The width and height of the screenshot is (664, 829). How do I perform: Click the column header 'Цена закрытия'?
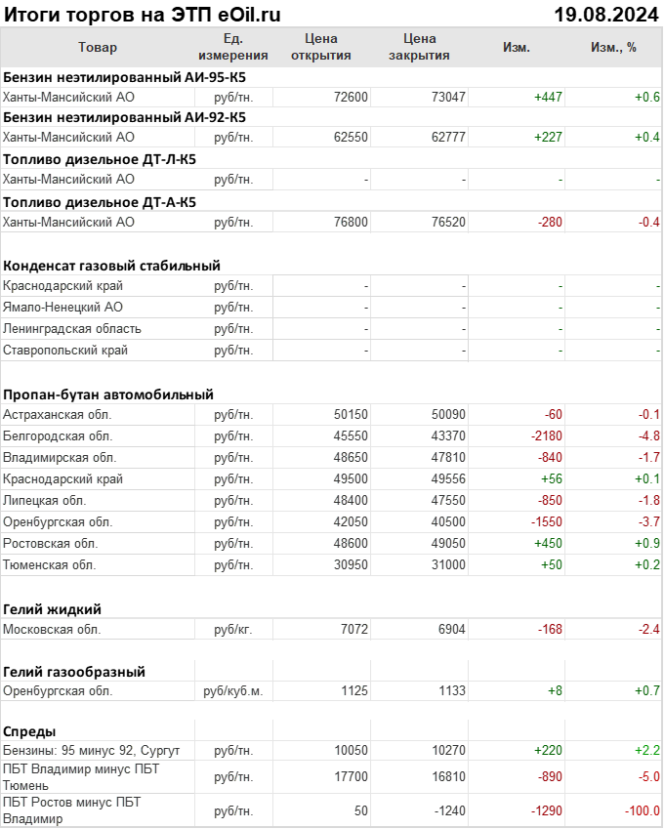click(x=419, y=47)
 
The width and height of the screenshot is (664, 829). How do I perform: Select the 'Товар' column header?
click(x=97, y=47)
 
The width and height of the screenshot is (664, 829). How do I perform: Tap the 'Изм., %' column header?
click(x=613, y=47)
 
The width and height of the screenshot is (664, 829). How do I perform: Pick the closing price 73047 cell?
click(x=448, y=97)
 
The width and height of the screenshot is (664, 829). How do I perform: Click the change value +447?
click(x=548, y=97)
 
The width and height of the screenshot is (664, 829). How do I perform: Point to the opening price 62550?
click(x=351, y=138)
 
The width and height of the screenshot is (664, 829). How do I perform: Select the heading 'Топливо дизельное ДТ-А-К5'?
click(x=100, y=202)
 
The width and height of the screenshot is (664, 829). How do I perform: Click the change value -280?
click(x=550, y=223)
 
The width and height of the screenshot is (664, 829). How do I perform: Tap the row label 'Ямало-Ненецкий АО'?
click(x=62, y=308)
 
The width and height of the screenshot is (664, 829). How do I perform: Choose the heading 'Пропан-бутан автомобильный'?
click(x=108, y=394)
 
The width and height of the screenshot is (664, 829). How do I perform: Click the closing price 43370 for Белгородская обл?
click(x=448, y=436)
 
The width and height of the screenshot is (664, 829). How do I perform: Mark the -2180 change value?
click(x=546, y=436)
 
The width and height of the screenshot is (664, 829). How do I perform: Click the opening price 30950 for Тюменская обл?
click(x=351, y=565)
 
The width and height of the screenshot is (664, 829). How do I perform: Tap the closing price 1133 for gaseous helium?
click(x=452, y=691)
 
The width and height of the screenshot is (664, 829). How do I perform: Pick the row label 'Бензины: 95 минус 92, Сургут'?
click(x=92, y=750)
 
